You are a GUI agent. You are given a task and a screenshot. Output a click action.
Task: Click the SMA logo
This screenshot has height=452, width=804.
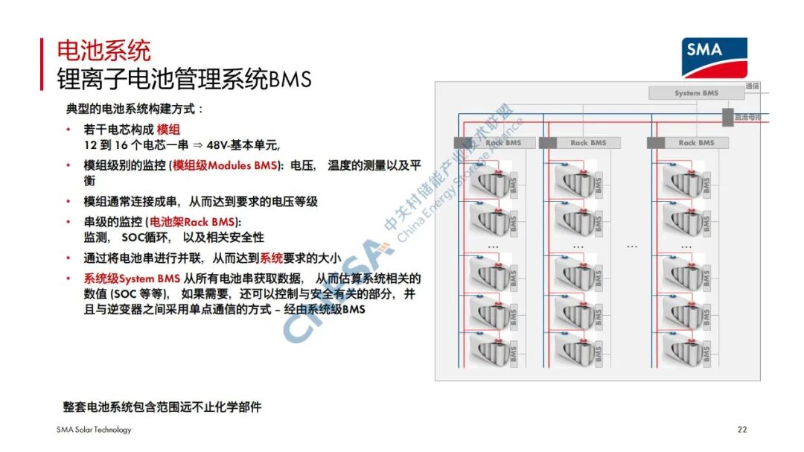pyautogui.click(x=714, y=57)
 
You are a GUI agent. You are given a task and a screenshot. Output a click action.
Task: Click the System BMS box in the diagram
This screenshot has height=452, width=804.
pyautogui.click(x=696, y=93)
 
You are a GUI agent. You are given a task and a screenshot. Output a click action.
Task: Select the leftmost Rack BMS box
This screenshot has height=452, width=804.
pyautogui.click(x=494, y=142)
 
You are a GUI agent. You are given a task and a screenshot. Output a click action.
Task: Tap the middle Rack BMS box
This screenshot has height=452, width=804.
pyautogui.click(x=580, y=142)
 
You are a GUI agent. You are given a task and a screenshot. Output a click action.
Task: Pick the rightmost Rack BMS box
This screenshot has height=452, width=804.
pyautogui.click(x=688, y=142)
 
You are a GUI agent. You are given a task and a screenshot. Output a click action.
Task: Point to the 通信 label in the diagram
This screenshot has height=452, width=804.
pyautogui.click(x=752, y=86)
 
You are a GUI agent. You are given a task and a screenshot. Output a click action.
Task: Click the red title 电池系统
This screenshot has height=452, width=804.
pyautogui.click(x=104, y=51)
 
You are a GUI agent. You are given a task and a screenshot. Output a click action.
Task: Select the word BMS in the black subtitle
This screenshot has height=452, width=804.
pyautogui.click(x=290, y=79)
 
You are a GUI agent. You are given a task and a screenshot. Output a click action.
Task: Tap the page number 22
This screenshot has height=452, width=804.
pyautogui.click(x=741, y=430)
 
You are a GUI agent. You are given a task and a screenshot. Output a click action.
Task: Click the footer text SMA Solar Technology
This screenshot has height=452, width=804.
pyautogui.click(x=94, y=430)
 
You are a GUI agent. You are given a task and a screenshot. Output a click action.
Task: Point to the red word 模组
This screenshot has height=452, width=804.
pyautogui.click(x=168, y=130)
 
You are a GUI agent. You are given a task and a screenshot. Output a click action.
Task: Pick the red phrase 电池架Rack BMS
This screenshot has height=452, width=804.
pyautogui.click(x=193, y=222)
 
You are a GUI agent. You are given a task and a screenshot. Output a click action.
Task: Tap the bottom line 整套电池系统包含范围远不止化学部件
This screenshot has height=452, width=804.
pyautogui.click(x=162, y=407)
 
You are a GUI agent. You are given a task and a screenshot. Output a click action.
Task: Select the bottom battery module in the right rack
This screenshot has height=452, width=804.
pyautogui.click(x=681, y=348)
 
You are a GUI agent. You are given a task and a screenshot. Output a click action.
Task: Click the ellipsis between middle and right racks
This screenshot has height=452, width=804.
pyautogui.click(x=632, y=246)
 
